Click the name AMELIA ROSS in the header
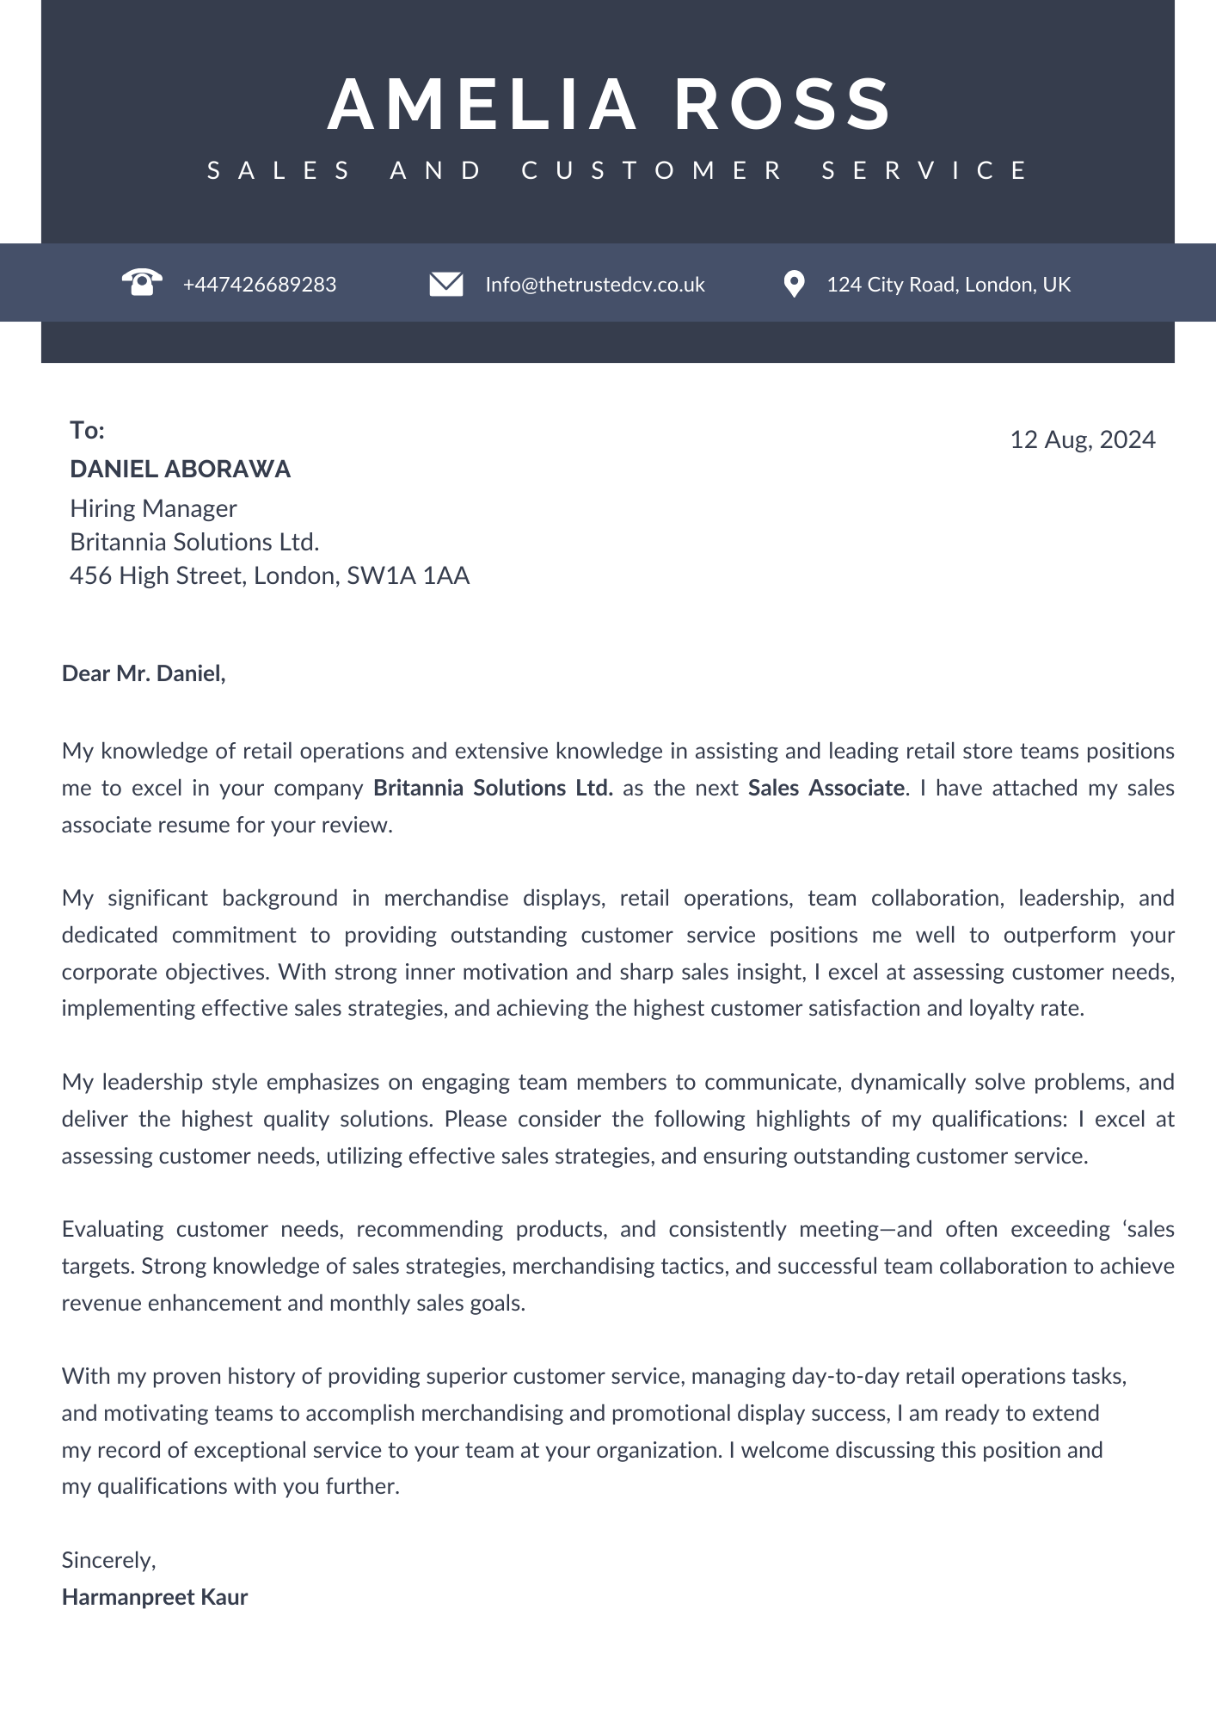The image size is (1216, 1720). point(609,105)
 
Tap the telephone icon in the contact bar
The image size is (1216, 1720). point(142,282)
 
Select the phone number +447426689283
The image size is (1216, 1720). point(260,285)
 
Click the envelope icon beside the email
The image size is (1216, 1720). point(446,284)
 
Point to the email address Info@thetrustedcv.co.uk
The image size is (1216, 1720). point(594,285)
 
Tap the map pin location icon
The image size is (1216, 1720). point(794,284)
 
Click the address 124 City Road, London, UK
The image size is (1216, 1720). point(948,285)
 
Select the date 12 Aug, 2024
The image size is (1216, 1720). point(1082,439)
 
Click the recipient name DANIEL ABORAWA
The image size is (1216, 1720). point(181,469)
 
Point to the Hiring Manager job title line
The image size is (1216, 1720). point(153,508)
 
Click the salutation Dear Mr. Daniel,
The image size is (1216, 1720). point(144,673)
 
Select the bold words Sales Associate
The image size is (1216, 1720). point(826,788)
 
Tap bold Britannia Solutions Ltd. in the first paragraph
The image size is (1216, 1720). point(493,788)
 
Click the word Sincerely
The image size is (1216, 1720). point(107,1560)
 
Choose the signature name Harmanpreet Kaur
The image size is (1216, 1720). point(155,1597)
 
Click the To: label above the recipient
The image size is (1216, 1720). point(87,430)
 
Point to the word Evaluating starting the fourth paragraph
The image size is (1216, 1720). point(113,1229)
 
